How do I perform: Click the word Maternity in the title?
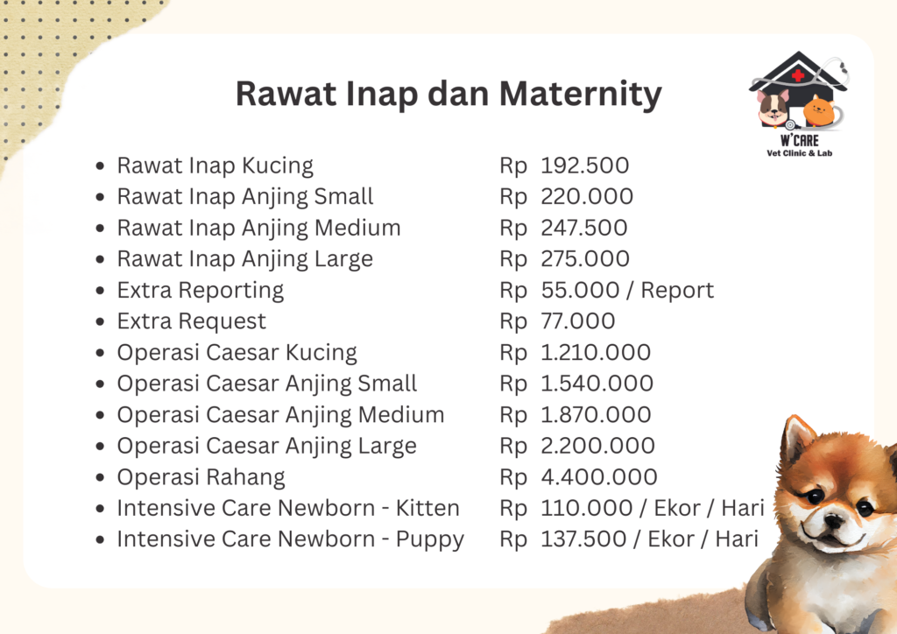pos(581,95)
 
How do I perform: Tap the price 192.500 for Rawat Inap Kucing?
pos(584,166)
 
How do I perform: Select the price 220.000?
pos(587,197)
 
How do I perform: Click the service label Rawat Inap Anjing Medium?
pos(258,229)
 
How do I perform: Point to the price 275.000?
pos(585,259)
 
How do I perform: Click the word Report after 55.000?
pos(677,291)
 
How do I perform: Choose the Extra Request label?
pos(192,322)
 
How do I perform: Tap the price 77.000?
pos(578,321)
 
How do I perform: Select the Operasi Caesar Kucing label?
pos(237,353)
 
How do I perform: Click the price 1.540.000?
pos(597,384)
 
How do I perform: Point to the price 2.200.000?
pos(597,446)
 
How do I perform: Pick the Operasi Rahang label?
pos(201,478)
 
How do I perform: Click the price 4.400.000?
pos(599,477)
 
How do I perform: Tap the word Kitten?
pos(427,508)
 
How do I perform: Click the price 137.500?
pos(583,539)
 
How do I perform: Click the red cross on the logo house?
pos(798,75)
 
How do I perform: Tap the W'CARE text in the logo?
pos(799,141)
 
